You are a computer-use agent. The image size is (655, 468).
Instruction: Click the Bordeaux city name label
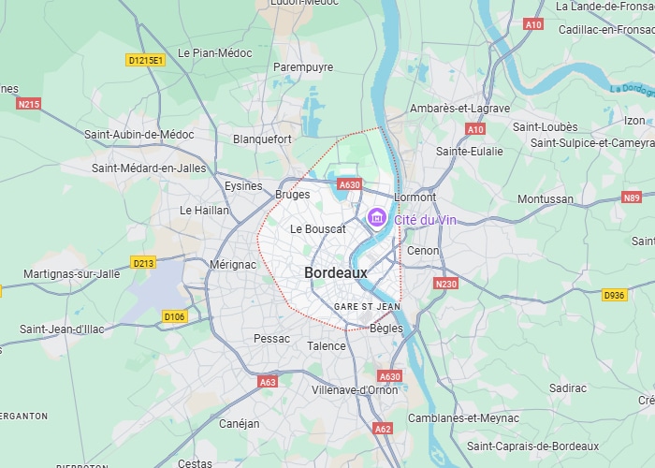336,272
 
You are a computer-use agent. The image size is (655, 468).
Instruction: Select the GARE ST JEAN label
367,306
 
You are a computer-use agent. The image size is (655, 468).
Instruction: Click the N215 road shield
29,104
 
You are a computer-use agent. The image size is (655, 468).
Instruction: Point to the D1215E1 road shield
145,60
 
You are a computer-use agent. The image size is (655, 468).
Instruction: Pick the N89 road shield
633,197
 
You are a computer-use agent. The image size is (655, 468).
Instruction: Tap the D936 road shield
614,295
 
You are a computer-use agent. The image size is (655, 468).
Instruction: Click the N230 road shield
446,284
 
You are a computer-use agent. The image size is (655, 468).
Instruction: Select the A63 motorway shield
268,382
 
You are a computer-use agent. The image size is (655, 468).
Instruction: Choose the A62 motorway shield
383,429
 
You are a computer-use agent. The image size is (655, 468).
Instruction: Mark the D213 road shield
143,263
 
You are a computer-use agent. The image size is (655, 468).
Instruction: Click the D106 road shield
175,316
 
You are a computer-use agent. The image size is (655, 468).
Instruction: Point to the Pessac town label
272,338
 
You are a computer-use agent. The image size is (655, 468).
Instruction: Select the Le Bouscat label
318,228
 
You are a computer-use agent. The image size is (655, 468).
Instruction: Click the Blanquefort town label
262,139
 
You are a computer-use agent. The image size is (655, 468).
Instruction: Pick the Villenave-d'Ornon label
355,389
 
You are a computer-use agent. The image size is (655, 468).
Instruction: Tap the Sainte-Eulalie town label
470,151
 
